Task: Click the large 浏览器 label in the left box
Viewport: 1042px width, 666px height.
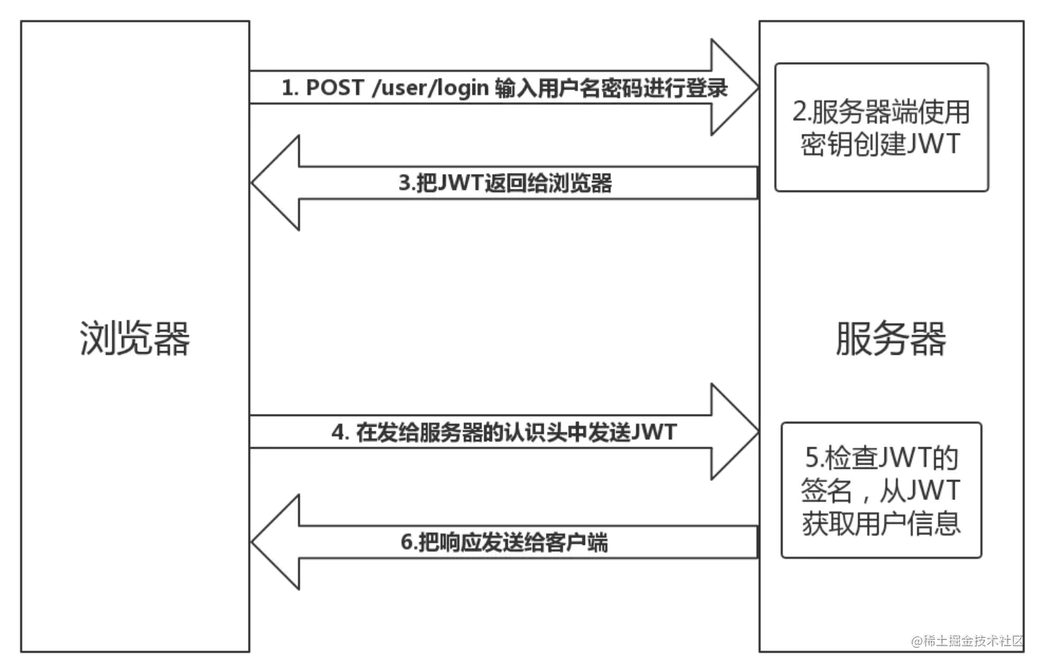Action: tap(134, 339)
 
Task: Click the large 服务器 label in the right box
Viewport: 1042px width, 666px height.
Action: tap(891, 339)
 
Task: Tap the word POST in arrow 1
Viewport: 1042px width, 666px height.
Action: tap(334, 88)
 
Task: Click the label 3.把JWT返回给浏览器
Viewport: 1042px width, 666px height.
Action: tap(505, 183)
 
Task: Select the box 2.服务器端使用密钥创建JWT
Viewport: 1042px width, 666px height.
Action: tap(881, 127)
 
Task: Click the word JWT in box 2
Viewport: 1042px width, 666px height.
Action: tap(933, 144)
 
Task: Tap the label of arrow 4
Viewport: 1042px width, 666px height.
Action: tap(504, 432)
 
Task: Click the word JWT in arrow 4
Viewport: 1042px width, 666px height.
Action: tap(654, 432)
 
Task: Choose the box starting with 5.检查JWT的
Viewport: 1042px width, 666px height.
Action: tap(881, 490)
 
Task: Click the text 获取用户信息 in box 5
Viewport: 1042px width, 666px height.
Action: tap(881, 523)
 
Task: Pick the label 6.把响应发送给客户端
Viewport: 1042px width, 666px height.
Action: tap(504, 542)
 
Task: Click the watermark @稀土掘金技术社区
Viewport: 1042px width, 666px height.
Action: tap(967, 641)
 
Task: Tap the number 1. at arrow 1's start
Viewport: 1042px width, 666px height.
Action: tap(290, 88)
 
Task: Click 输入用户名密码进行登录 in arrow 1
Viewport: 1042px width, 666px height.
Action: tap(611, 88)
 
